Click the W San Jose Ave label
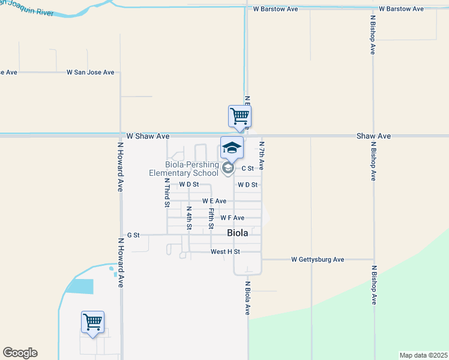pyautogui.click(x=90, y=73)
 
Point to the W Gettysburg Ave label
pyautogui.click(x=318, y=260)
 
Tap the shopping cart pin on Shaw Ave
pyautogui.click(x=240, y=116)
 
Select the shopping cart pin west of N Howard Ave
pyautogui.click(x=92, y=322)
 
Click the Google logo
pyautogui.click(x=20, y=353)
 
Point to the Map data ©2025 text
pyautogui.click(x=423, y=355)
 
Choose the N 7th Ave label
pyautogui.click(x=262, y=155)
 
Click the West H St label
pyautogui.click(x=225, y=251)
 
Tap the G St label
pyautogui.click(x=133, y=235)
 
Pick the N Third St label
pyautogui.click(x=167, y=192)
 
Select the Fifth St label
pyautogui.click(x=211, y=218)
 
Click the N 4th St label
pyautogui.click(x=188, y=218)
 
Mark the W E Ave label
pyautogui.click(x=214, y=201)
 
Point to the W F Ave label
pyautogui.click(x=232, y=218)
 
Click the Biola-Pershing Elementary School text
pyautogui.click(x=183, y=169)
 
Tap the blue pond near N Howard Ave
pyautogui.click(x=79, y=286)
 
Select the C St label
pyautogui.click(x=247, y=169)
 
